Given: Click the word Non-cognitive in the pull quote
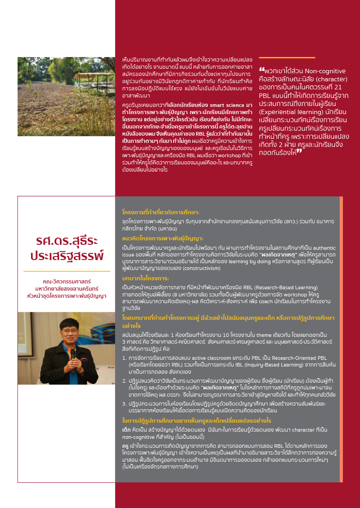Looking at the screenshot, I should click(x=325, y=71).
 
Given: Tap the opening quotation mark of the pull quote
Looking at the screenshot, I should click(x=261, y=71).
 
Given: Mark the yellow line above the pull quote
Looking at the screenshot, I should click(x=287, y=58).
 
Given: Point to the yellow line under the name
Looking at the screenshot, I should click(x=67, y=271).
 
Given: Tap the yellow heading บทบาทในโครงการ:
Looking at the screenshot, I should click(x=143, y=278).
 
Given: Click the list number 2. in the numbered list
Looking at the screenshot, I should click(x=124, y=380).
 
